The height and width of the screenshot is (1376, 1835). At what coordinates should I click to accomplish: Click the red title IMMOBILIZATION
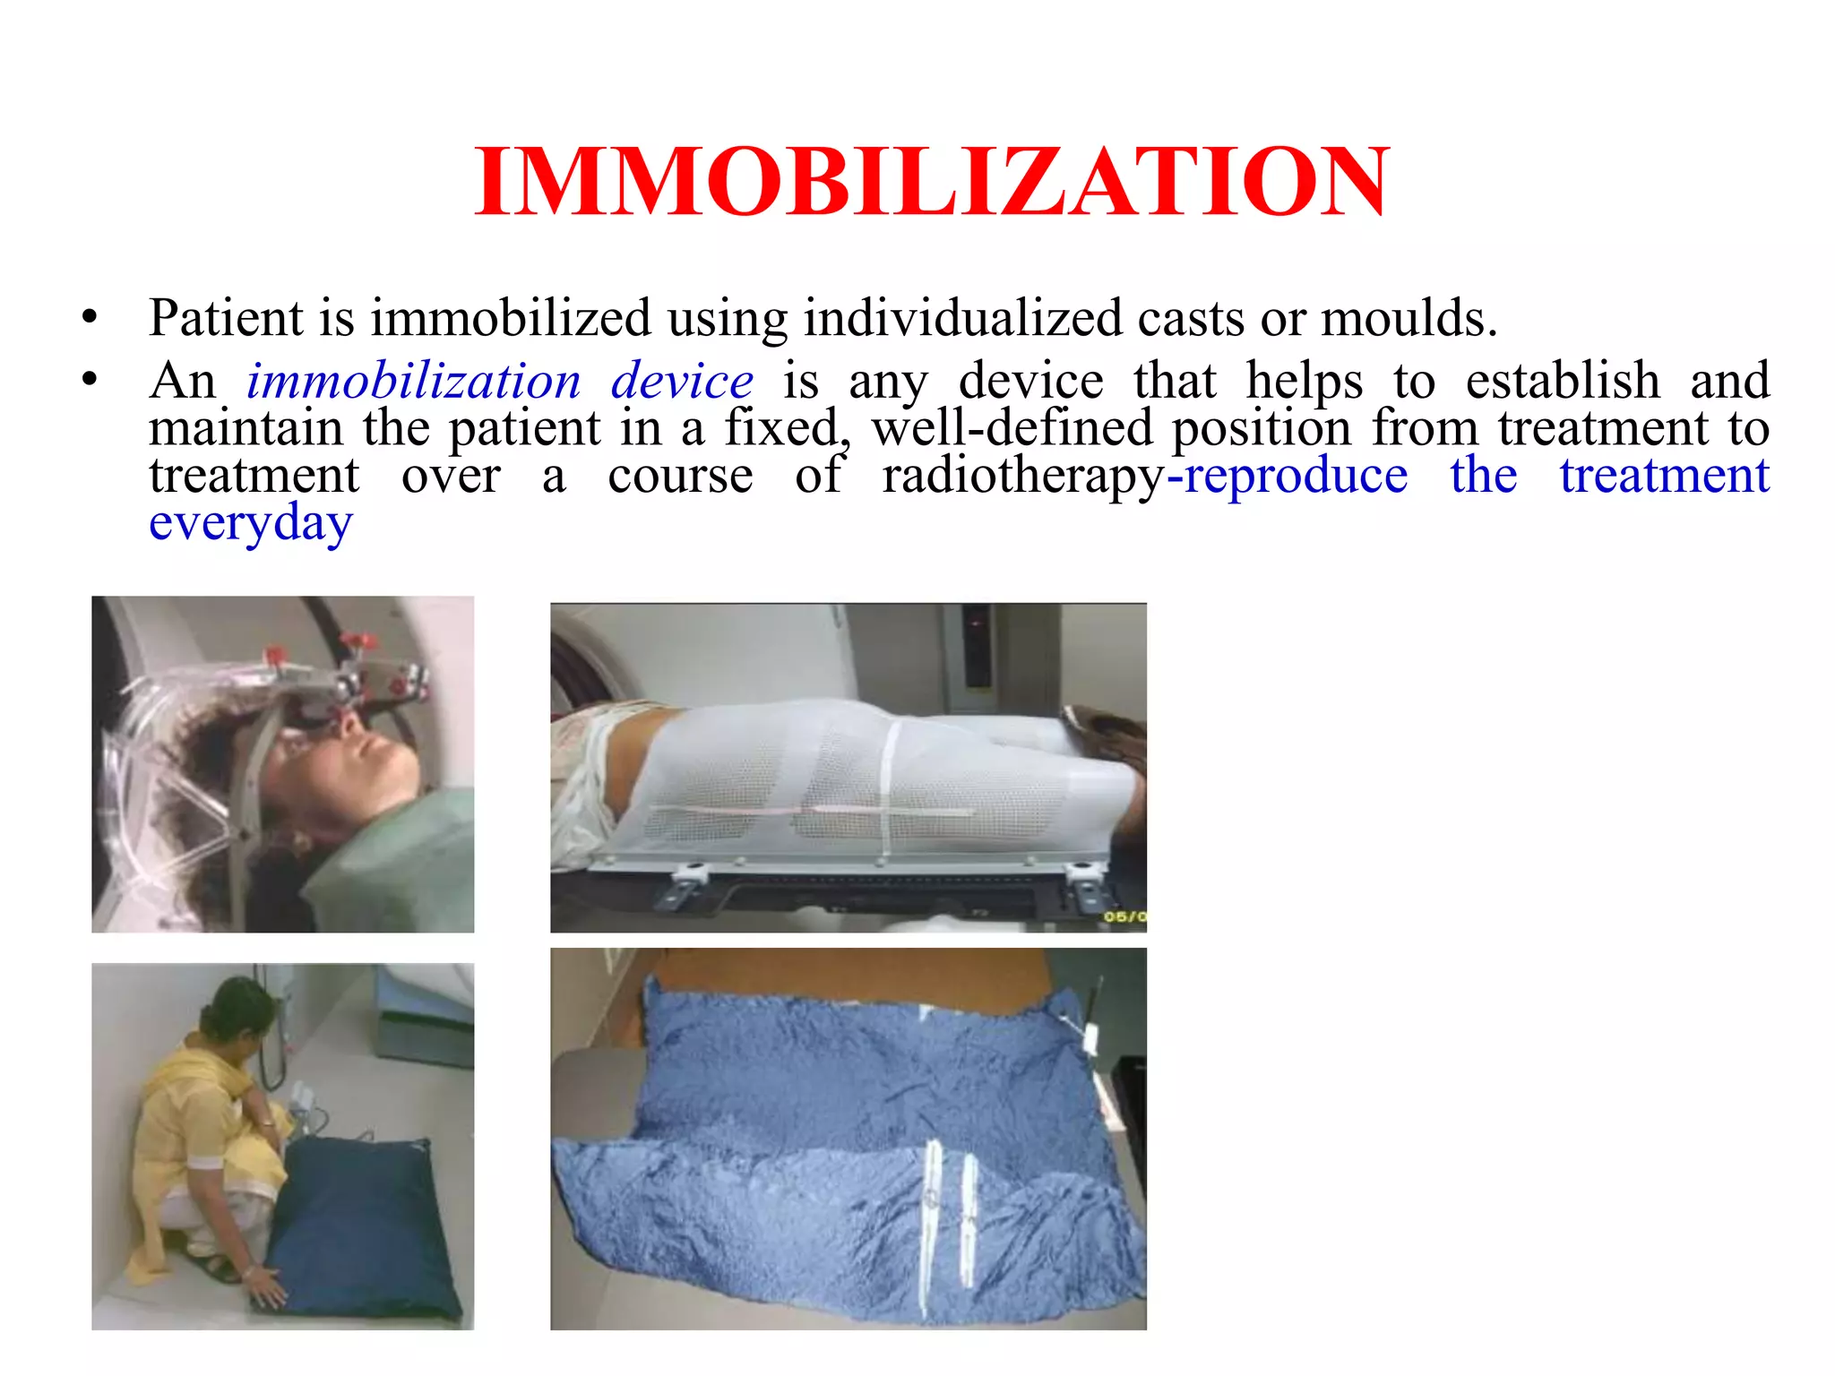932,183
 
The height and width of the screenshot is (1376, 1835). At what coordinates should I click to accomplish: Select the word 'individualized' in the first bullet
961,318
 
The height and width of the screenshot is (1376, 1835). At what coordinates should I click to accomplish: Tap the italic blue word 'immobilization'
414,382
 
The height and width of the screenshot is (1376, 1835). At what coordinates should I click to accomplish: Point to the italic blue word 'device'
682,382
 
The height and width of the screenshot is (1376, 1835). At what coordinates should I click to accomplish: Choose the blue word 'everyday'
251,523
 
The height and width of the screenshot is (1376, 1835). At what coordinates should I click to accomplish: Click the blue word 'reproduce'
1296,476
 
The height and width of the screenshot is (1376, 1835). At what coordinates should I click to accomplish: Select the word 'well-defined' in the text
1012,428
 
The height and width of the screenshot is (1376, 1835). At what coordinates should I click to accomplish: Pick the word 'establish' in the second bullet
1563,382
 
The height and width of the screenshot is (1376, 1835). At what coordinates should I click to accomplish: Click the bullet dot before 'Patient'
88,319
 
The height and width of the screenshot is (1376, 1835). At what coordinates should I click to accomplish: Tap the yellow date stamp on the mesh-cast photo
1124,916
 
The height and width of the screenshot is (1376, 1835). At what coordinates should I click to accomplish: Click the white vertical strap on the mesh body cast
890,788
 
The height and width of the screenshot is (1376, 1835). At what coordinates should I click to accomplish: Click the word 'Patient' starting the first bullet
228,318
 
